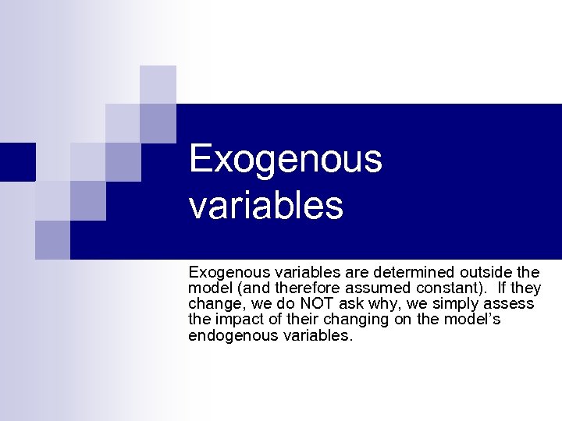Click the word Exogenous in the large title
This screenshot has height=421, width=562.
286,159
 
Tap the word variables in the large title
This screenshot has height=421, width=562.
265,205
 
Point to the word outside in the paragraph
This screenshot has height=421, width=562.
488,273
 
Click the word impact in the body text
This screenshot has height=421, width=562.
239,320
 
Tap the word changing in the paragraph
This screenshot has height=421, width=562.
346,320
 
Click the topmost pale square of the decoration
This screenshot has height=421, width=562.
158,84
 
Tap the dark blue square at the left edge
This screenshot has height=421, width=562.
17,161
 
